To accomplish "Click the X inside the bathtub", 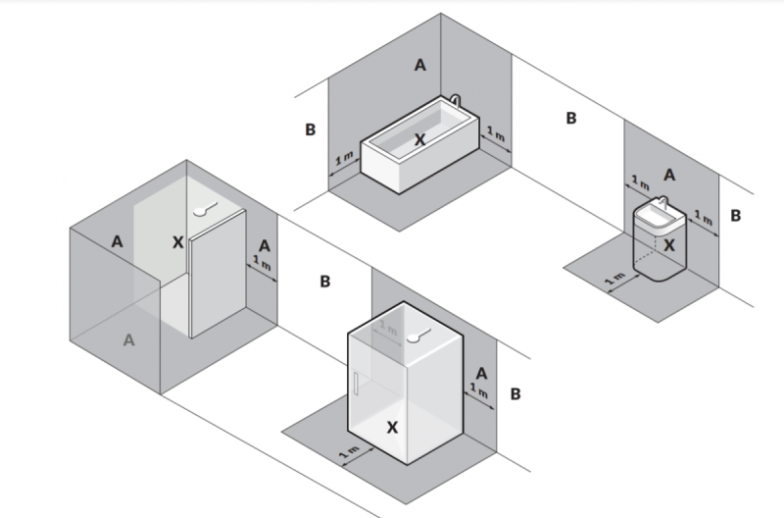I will (419, 140).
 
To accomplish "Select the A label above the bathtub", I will (420, 66).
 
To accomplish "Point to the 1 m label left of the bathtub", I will (343, 161).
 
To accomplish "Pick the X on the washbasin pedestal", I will (668, 245).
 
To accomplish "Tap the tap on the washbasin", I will (661, 200).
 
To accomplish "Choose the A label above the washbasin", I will (669, 174).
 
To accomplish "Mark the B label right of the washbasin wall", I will (735, 214).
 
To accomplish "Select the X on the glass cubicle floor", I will (393, 428).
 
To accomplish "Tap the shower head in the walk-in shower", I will (204, 209).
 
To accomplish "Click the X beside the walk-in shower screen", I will (177, 241).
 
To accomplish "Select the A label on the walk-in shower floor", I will (128, 339).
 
